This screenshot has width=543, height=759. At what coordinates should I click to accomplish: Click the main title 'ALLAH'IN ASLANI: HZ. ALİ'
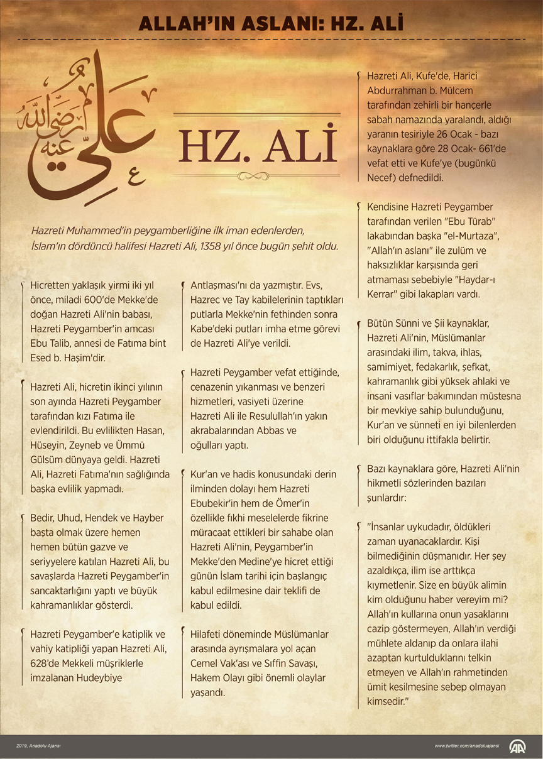271,24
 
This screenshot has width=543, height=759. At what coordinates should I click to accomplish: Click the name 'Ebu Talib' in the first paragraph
52,343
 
